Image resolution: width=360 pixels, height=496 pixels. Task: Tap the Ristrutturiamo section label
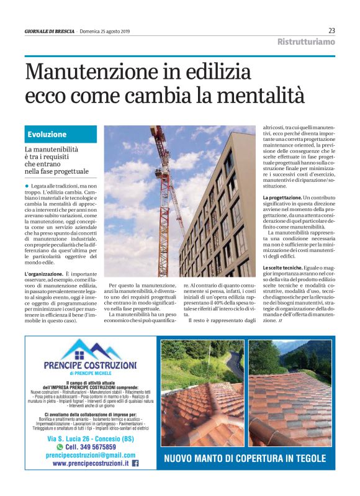[305, 42]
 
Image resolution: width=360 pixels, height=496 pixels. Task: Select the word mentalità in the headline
[264, 96]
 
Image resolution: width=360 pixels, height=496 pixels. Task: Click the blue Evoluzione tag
[47, 134]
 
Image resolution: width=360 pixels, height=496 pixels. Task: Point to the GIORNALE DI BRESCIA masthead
[49, 31]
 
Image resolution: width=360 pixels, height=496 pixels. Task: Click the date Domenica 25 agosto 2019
[107, 31]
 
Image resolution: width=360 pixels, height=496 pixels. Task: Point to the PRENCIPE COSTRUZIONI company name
[91, 366]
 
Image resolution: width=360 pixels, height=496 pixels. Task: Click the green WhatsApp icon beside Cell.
[60, 446]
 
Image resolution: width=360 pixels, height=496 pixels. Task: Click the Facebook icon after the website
[135, 463]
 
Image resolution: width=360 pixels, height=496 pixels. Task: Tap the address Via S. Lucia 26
[71, 438]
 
